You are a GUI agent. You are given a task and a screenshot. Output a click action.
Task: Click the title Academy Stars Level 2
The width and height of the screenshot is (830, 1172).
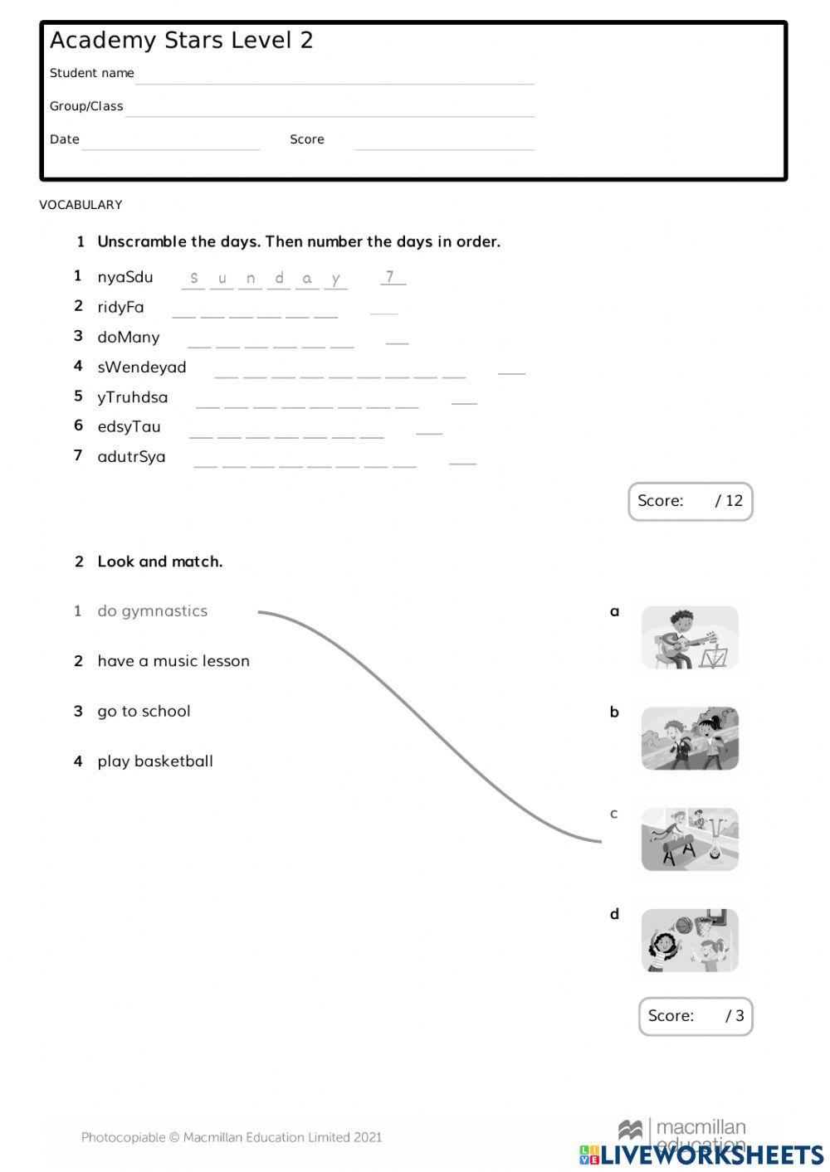(181, 40)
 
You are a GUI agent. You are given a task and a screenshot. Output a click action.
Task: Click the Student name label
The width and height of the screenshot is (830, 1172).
(91, 73)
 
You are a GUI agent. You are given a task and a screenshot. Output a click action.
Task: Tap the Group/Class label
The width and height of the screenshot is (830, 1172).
(86, 106)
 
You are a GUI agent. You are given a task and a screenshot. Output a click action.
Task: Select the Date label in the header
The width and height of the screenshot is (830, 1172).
(65, 139)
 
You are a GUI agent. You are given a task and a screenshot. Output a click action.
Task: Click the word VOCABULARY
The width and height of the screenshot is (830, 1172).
(81, 205)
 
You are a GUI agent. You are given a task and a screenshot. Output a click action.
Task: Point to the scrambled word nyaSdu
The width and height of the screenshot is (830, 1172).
(125, 277)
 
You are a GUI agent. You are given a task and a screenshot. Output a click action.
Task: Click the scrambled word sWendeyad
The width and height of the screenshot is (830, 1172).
(142, 367)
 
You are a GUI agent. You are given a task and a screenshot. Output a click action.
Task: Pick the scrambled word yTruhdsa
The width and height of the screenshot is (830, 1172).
(133, 396)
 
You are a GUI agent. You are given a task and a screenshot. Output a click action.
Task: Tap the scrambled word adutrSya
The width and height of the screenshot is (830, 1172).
(131, 456)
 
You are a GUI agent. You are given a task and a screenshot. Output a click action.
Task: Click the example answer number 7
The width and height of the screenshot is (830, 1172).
(390, 277)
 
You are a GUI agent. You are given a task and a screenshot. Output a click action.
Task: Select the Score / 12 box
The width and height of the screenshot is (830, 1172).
(690, 501)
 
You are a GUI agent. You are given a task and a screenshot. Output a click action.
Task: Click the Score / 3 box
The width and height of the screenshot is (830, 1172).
(696, 1016)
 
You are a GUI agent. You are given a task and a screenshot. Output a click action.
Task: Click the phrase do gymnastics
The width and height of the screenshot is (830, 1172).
(153, 611)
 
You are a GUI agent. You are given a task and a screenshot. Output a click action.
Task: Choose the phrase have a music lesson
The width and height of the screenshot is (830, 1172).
(173, 661)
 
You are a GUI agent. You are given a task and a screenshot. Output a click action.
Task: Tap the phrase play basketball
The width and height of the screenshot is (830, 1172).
(155, 761)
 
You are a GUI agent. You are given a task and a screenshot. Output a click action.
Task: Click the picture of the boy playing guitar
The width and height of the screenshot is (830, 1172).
(690, 638)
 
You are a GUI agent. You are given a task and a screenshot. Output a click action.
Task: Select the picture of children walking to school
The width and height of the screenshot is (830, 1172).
(690, 738)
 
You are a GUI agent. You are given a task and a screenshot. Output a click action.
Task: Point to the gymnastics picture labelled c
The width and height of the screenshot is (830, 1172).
(690, 839)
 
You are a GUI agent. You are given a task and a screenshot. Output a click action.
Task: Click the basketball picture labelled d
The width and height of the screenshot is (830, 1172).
(690, 941)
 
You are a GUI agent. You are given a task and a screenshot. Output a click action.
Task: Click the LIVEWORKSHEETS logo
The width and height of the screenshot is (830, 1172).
(701, 1154)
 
